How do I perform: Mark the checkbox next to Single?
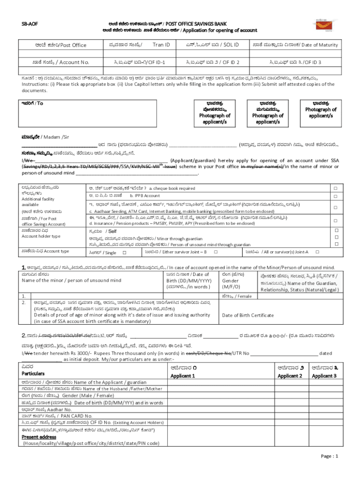[x=124, y=252]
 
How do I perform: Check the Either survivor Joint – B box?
[x=216, y=252]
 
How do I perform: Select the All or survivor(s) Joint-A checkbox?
[x=317, y=252]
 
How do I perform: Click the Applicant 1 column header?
[x=182, y=376]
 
